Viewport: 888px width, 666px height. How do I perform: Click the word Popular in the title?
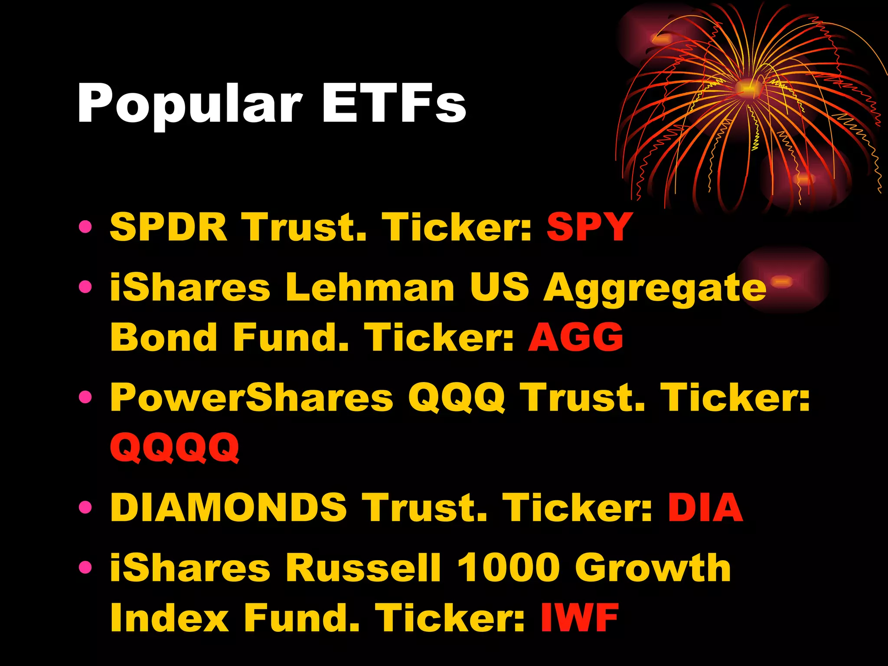[x=189, y=104]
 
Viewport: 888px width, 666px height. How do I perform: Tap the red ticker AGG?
[x=576, y=337]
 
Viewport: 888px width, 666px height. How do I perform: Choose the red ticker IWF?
[x=579, y=617]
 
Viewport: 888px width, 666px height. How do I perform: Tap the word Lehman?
[x=370, y=287]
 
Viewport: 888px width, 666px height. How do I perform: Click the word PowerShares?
[x=251, y=397]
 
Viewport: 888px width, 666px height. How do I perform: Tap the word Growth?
[x=653, y=568]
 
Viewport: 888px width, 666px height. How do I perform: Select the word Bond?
[x=163, y=337]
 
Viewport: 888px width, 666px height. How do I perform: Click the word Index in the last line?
[x=169, y=617]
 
